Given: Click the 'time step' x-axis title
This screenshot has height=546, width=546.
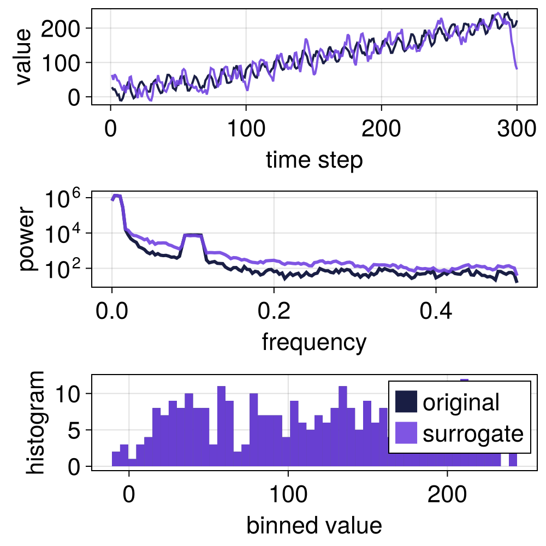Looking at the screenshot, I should (314, 161).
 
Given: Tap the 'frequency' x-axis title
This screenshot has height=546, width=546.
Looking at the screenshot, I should (314, 342).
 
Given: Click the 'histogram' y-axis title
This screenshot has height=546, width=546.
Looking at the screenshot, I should (37, 422).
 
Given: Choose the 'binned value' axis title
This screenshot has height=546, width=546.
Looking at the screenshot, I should (314, 525).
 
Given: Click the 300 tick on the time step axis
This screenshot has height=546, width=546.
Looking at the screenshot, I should (517, 132).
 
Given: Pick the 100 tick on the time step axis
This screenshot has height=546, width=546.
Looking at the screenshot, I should (246, 132).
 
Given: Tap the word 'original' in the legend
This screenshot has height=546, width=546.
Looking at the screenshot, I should (461, 402).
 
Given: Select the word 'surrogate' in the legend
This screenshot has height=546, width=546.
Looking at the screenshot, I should (473, 434).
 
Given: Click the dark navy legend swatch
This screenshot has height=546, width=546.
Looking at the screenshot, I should (406, 402).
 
